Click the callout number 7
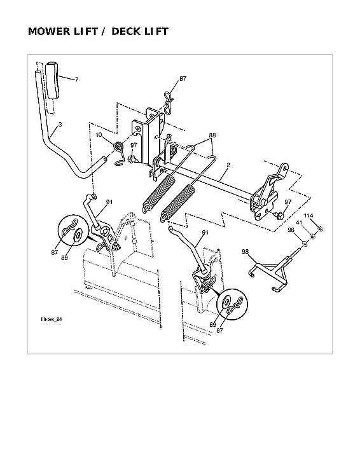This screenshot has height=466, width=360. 76,79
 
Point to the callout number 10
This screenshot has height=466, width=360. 99,135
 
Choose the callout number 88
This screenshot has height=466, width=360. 212,135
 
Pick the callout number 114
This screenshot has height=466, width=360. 308,216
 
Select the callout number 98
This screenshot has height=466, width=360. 246,252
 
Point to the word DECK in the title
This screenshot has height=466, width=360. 128,31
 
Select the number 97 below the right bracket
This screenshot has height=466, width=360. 287,202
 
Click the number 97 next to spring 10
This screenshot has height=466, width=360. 132,144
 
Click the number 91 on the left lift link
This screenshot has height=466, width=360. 109,202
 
